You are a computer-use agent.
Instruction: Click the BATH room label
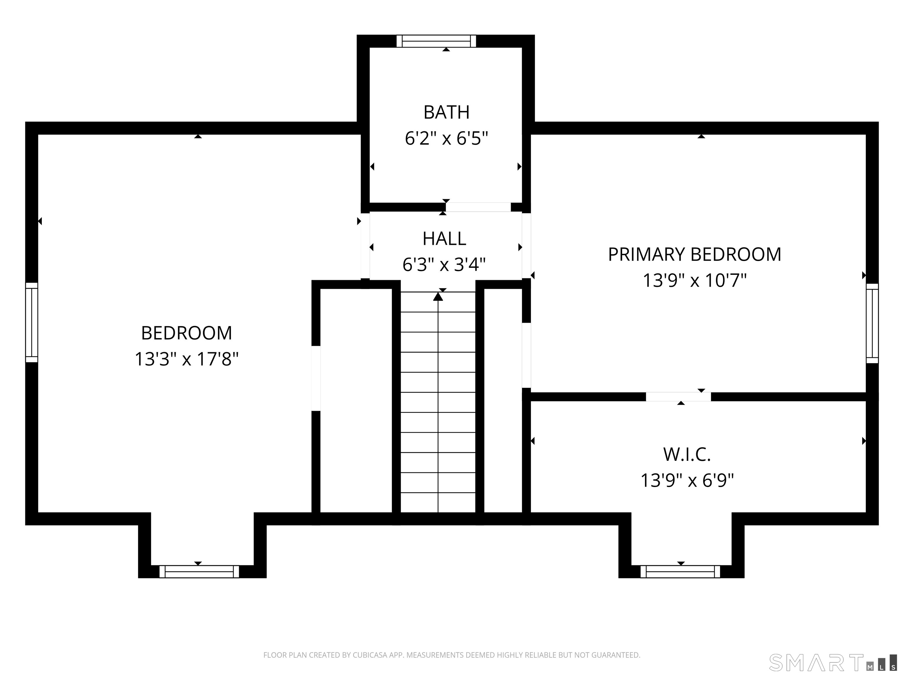point(446,112)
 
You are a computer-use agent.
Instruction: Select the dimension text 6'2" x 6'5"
point(446,139)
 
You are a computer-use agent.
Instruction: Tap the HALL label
point(444,239)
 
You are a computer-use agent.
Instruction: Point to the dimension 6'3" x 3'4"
point(444,265)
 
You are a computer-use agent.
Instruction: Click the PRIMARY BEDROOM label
point(695,254)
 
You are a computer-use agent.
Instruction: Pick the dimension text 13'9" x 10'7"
point(695,281)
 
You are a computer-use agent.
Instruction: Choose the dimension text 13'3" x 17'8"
point(186,360)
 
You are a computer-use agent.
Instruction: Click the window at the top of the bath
point(436,41)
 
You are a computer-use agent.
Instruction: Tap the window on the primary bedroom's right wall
point(872,323)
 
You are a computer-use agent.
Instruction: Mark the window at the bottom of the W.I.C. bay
point(680,572)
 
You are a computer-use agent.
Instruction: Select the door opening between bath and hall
point(478,207)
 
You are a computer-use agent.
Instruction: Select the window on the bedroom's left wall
point(31,323)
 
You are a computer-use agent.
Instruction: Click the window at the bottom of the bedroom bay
point(199,572)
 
